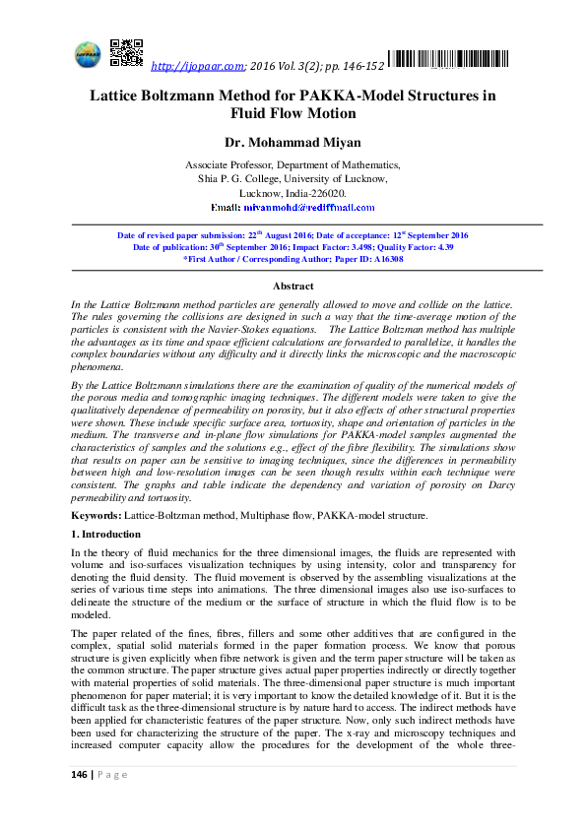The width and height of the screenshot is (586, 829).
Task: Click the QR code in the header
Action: (126, 52)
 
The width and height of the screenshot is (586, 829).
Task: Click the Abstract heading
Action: (293, 286)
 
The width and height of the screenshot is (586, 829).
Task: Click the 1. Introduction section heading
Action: (105, 535)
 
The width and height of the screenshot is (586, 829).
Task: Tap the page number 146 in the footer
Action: (80, 802)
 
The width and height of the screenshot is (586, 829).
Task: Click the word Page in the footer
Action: (115, 802)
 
